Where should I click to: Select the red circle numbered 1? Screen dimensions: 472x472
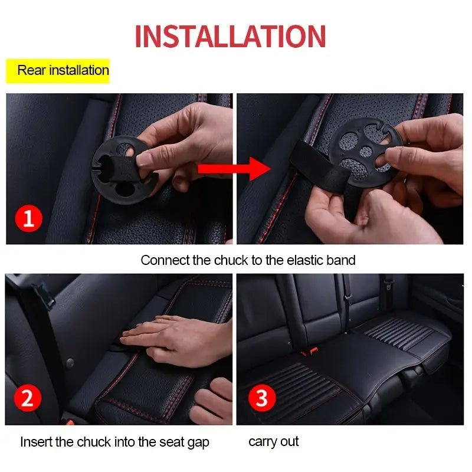[28, 219]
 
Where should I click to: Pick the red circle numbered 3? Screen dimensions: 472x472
[261, 399]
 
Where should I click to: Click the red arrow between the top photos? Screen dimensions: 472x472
[233, 169]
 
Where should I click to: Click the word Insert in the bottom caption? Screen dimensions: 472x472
[36, 442]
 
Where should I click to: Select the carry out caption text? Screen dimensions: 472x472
[273, 441]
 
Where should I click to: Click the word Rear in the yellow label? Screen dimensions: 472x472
[31, 70]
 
